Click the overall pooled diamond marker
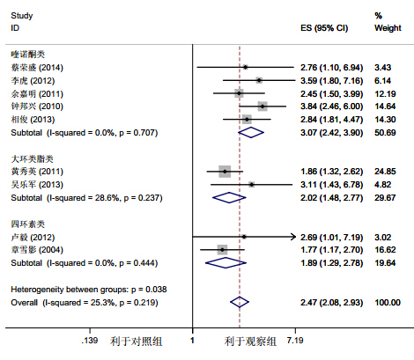[240, 302]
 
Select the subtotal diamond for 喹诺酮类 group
[251, 133]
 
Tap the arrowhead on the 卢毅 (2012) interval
[292, 237]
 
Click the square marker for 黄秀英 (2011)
[225, 172]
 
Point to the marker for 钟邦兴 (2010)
[262, 107]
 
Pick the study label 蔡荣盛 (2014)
[37, 68]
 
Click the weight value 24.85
[385, 172]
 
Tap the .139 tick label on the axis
[90, 341]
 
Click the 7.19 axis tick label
[295, 341]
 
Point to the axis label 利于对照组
[136, 342]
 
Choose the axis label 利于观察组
[250, 342]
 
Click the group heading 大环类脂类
[32, 158]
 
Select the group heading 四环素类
[28, 224]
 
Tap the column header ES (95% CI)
[324, 28]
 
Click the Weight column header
[388, 28]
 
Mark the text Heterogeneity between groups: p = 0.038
[89, 290]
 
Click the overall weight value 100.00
[388, 303]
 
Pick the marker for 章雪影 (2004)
[222, 250]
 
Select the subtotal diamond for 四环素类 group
[225, 263]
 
